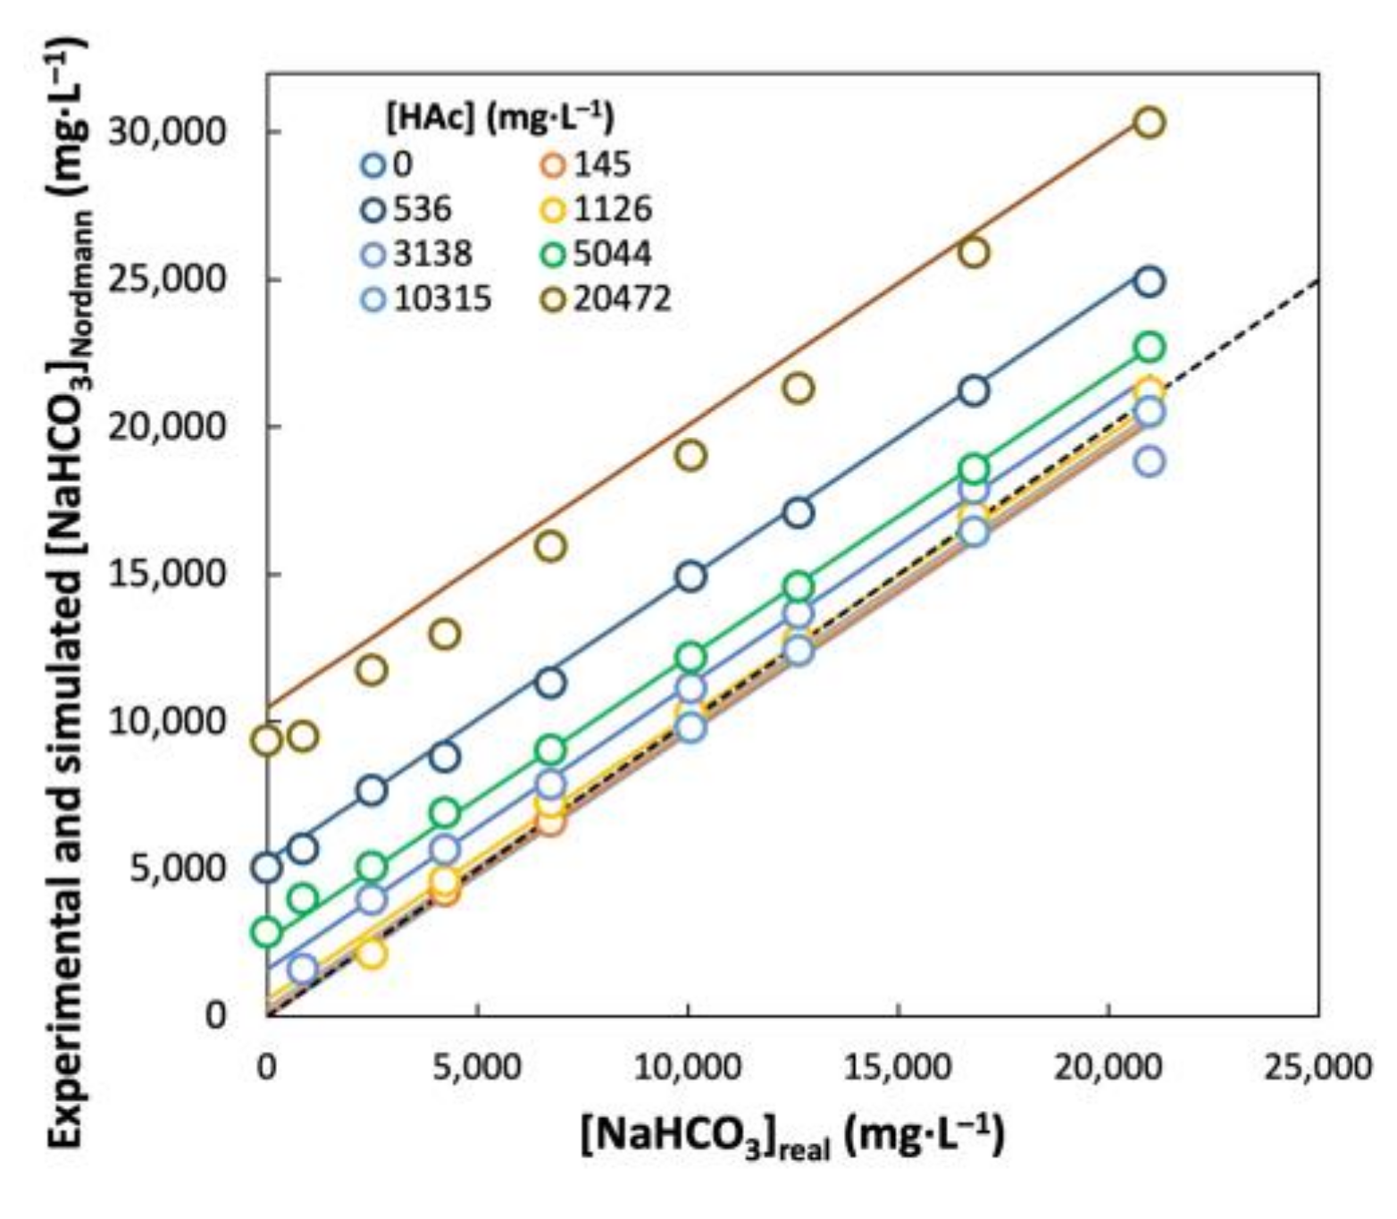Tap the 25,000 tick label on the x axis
1317,1066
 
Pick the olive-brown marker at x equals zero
267,740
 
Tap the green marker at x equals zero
267,932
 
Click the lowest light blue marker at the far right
1150,462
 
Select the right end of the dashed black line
1318,281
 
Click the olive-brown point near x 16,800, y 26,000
974,253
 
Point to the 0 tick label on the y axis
214,1015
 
